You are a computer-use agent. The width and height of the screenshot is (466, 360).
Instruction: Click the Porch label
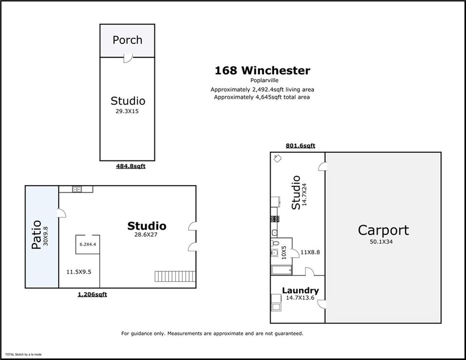click(x=127, y=40)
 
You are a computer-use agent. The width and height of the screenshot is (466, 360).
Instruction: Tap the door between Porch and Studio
click(x=127, y=58)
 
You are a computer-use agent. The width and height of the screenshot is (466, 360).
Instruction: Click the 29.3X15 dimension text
click(x=127, y=112)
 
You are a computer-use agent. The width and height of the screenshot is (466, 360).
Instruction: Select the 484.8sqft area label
click(x=131, y=166)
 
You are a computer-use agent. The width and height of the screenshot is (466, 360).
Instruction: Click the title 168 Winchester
click(x=262, y=71)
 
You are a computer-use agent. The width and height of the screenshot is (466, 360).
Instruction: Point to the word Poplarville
click(x=262, y=81)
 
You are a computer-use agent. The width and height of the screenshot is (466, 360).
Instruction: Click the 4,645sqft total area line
click(x=262, y=97)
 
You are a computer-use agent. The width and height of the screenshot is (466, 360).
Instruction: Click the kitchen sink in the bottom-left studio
click(x=77, y=189)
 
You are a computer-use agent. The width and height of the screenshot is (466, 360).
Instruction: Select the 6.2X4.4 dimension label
click(x=88, y=244)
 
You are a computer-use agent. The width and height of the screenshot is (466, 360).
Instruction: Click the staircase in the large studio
click(x=174, y=276)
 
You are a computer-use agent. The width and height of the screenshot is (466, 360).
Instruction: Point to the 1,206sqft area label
click(x=92, y=294)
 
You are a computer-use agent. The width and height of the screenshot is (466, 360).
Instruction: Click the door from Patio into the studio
click(x=61, y=213)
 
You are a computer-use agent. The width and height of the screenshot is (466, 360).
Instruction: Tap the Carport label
click(x=383, y=230)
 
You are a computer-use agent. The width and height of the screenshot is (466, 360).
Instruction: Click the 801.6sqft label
click(x=300, y=146)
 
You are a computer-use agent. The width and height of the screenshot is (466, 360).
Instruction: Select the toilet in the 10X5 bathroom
click(x=275, y=243)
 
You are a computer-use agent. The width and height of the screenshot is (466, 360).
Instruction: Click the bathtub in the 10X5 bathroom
click(x=281, y=270)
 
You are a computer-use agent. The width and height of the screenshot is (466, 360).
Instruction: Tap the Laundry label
click(x=300, y=291)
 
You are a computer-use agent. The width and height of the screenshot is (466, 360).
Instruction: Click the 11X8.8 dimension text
click(x=310, y=252)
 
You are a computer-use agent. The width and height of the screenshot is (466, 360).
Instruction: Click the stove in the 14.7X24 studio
click(x=274, y=218)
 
